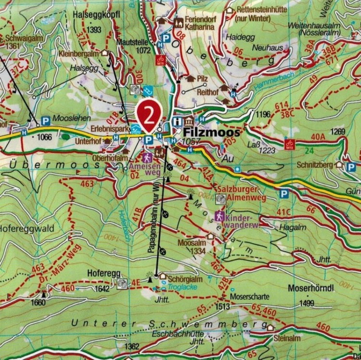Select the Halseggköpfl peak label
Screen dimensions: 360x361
(x=96, y=15)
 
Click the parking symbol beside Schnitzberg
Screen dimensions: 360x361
(x=351, y=167)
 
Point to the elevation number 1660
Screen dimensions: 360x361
(x=38, y=302)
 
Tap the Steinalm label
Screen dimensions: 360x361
(x=287, y=338)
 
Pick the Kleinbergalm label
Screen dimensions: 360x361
(x=79, y=53)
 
